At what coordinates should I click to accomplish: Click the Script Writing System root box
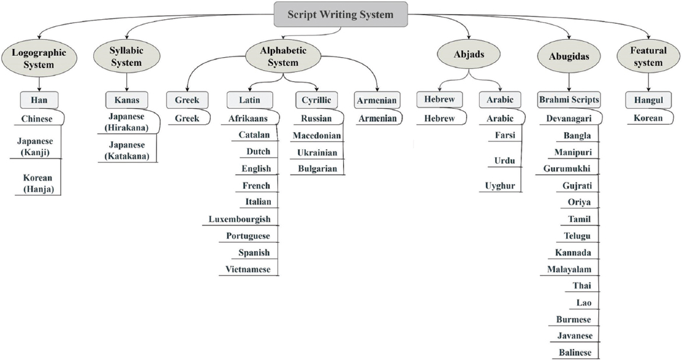pyautogui.click(x=341, y=15)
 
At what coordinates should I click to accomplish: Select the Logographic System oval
pyautogui.click(x=38, y=59)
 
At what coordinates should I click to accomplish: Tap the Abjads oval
pyautogui.click(x=469, y=55)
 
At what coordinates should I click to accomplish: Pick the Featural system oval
pyautogui.click(x=648, y=57)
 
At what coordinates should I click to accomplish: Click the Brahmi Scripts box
pyautogui.click(x=569, y=100)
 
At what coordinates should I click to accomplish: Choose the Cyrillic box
pyautogui.click(x=316, y=100)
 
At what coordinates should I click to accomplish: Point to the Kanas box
pyautogui.click(x=126, y=100)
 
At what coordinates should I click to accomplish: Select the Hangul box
pyautogui.click(x=648, y=100)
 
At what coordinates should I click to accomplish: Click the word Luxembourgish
pyautogui.click(x=239, y=219)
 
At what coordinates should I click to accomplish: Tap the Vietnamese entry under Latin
pyautogui.click(x=248, y=270)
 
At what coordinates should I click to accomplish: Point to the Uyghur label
pyautogui.click(x=500, y=186)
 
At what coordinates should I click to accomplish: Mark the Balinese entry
pyautogui.click(x=575, y=352)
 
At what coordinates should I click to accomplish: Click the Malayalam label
pyautogui.click(x=570, y=270)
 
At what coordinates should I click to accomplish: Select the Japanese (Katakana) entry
pyautogui.click(x=126, y=150)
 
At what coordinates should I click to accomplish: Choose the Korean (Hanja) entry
pyautogui.click(x=38, y=183)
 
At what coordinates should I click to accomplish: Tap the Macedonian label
pyautogui.click(x=317, y=136)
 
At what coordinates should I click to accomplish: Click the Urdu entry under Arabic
pyautogui.click(x=504, y=161)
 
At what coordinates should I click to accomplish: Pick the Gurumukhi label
pyautogui.click(x=567, y=169)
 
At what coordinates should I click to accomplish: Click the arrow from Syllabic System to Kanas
pyautogui.click(x=126, y=82)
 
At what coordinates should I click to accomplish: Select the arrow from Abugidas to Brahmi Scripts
pyautogui.click(x=569, y=82)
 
